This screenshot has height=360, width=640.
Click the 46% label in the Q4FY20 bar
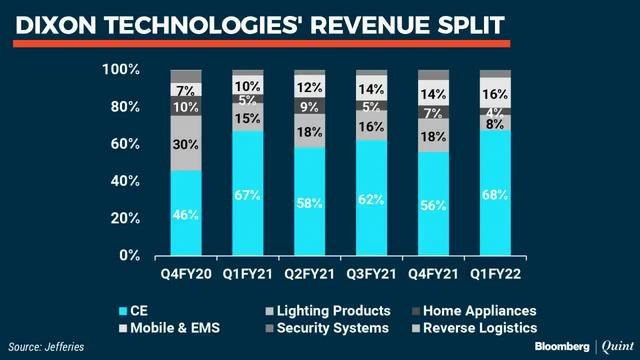point(185,213)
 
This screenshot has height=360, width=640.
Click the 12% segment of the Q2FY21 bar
point(309,87)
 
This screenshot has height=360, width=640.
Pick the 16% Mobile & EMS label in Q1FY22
point(494,93)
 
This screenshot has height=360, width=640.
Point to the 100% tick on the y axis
point(121,69)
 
